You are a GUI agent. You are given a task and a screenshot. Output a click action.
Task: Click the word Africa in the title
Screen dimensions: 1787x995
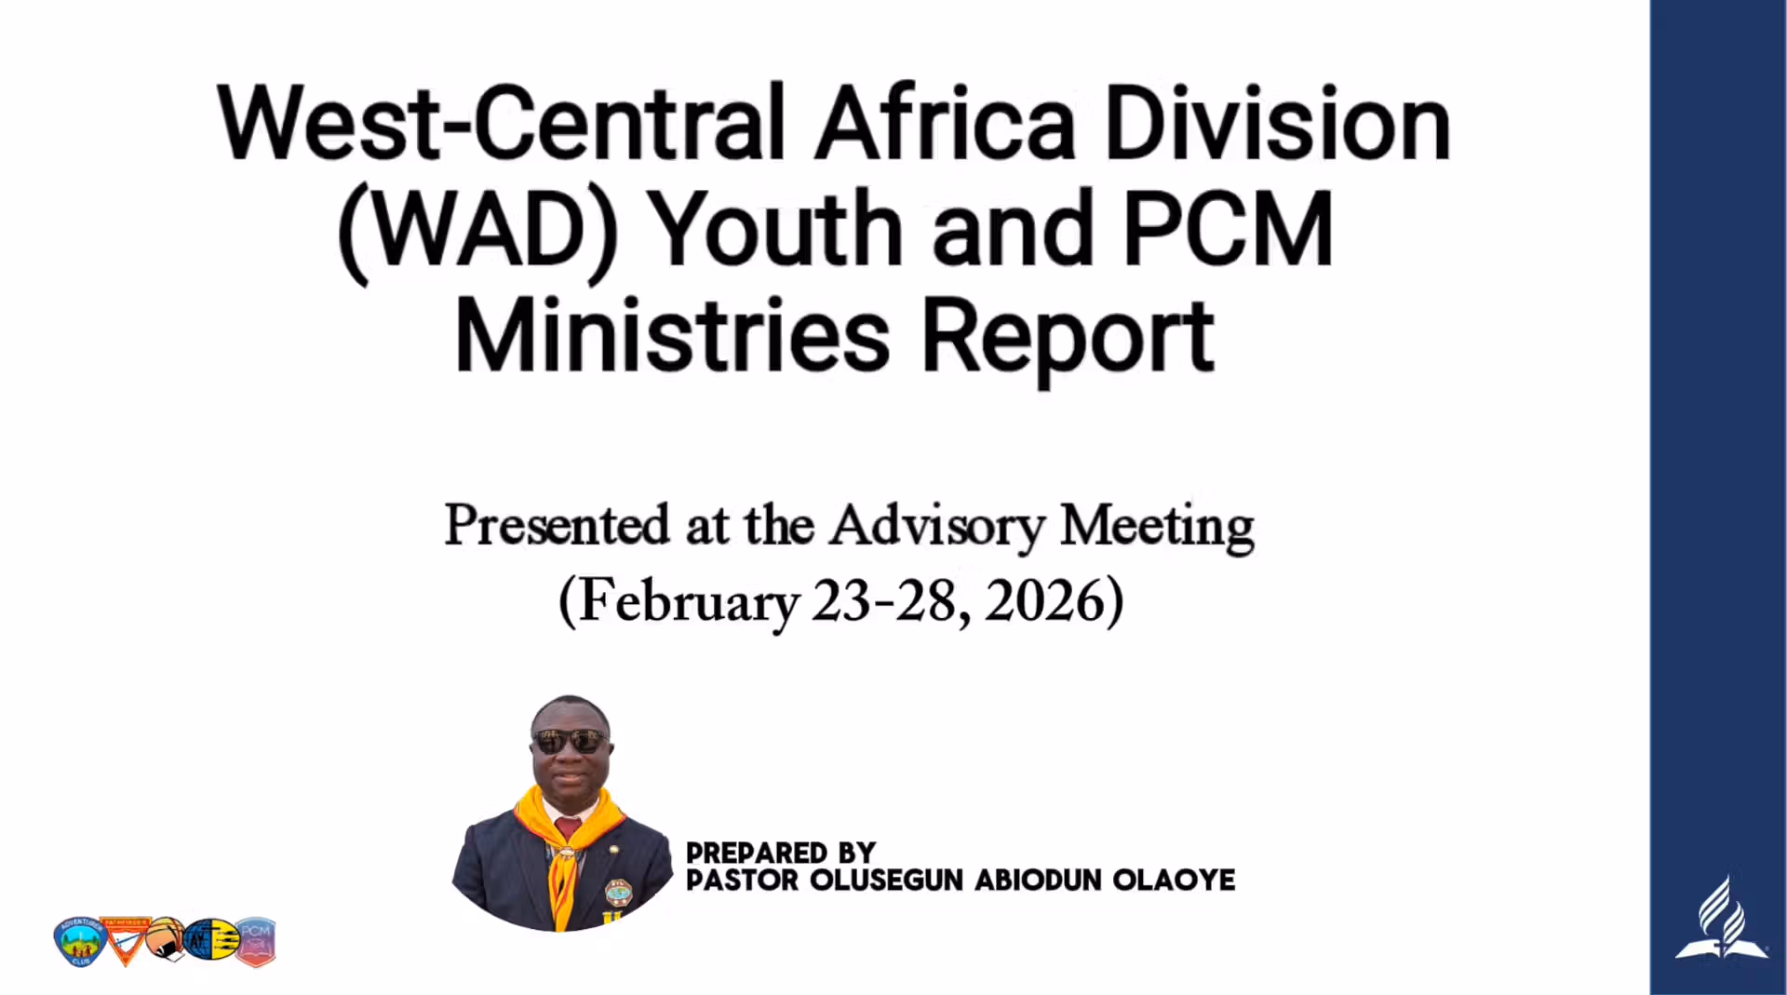[x=946, y=123]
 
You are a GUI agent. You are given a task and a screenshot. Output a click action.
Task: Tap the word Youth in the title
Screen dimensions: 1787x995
[x=776, y=229]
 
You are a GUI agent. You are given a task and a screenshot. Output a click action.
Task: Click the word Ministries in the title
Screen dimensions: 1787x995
[x=672, y=334]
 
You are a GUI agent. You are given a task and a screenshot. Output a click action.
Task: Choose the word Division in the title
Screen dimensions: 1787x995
[x=1278, y=123]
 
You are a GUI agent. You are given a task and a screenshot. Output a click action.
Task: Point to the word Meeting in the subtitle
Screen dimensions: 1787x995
[x=1158, y=528]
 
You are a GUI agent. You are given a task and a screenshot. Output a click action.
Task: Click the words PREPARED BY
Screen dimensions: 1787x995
[x=781, y=853]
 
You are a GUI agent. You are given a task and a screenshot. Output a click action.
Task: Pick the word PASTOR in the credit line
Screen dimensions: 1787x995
[x=742, y=881]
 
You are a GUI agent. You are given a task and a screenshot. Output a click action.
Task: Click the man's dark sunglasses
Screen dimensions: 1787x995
[x=570, y=741]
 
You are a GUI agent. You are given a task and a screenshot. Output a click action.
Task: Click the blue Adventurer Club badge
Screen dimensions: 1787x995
[x=80, y=942]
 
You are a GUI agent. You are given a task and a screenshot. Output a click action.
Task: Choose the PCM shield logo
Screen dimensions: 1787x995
[x=255, y=942]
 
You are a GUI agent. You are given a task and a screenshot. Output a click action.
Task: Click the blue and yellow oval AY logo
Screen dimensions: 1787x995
[x=211, y=941]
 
